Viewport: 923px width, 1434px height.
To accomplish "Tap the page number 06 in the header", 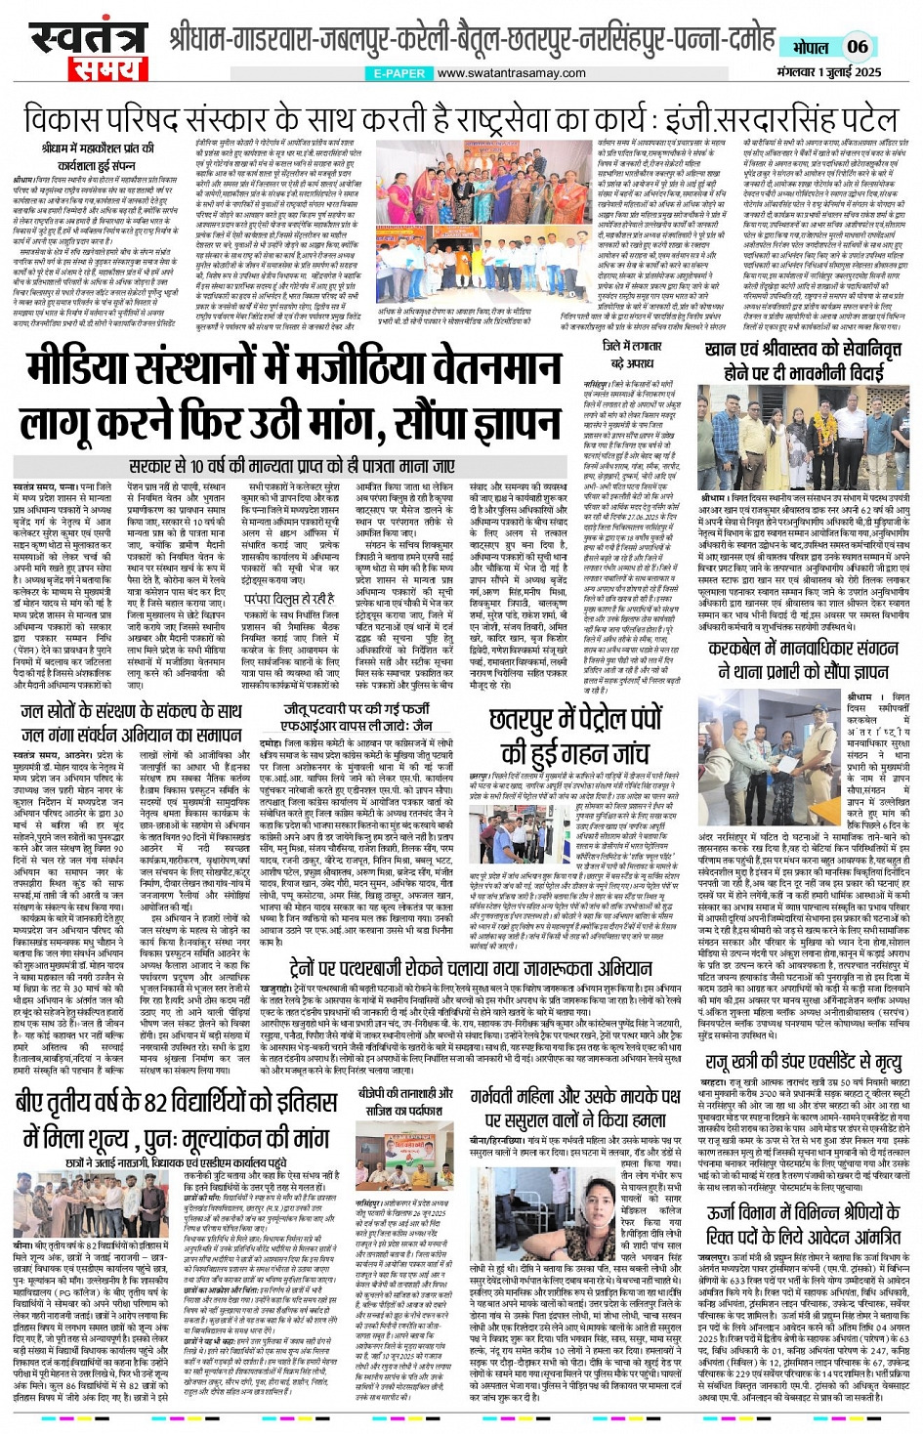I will [857, 46].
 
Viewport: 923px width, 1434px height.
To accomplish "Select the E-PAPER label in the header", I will [399, 73].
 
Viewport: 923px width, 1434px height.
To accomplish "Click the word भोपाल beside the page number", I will [810, 47].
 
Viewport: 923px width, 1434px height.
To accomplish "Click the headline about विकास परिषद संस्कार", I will [461, 119].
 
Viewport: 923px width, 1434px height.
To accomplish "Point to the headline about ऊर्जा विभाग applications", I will [804, 1225].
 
